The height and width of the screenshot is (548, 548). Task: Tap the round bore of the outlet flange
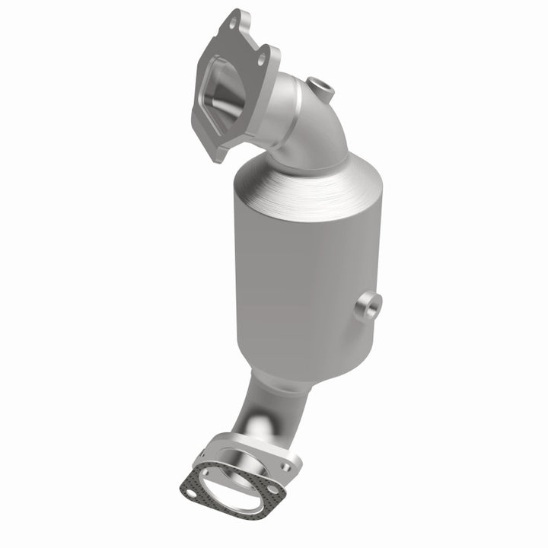pos(251,464)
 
